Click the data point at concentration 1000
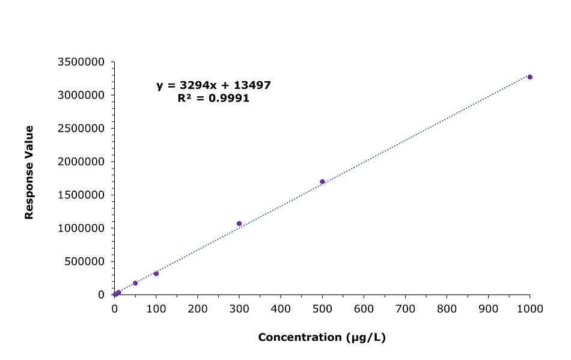pos(530,77)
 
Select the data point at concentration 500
pos(322,182)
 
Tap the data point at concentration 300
pos(239,224)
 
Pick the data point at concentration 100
pos(156,273)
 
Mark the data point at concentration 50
pos(135,283)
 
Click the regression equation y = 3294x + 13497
pos(213,85)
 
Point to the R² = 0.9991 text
pos(213,98)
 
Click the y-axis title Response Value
pos(28,172)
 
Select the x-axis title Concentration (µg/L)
pos(322,337)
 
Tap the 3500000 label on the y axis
pos(82,62)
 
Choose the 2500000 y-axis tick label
pos(82,129)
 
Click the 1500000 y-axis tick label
pos(82,195)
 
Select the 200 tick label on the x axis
pos(198,308)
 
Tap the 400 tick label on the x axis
pos(281,308)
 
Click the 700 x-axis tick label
pos(405,308)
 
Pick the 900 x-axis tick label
pos(488,308)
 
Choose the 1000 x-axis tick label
pos(530,308)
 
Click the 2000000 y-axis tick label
pos(82,162)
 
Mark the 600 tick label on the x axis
pos(364,308)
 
